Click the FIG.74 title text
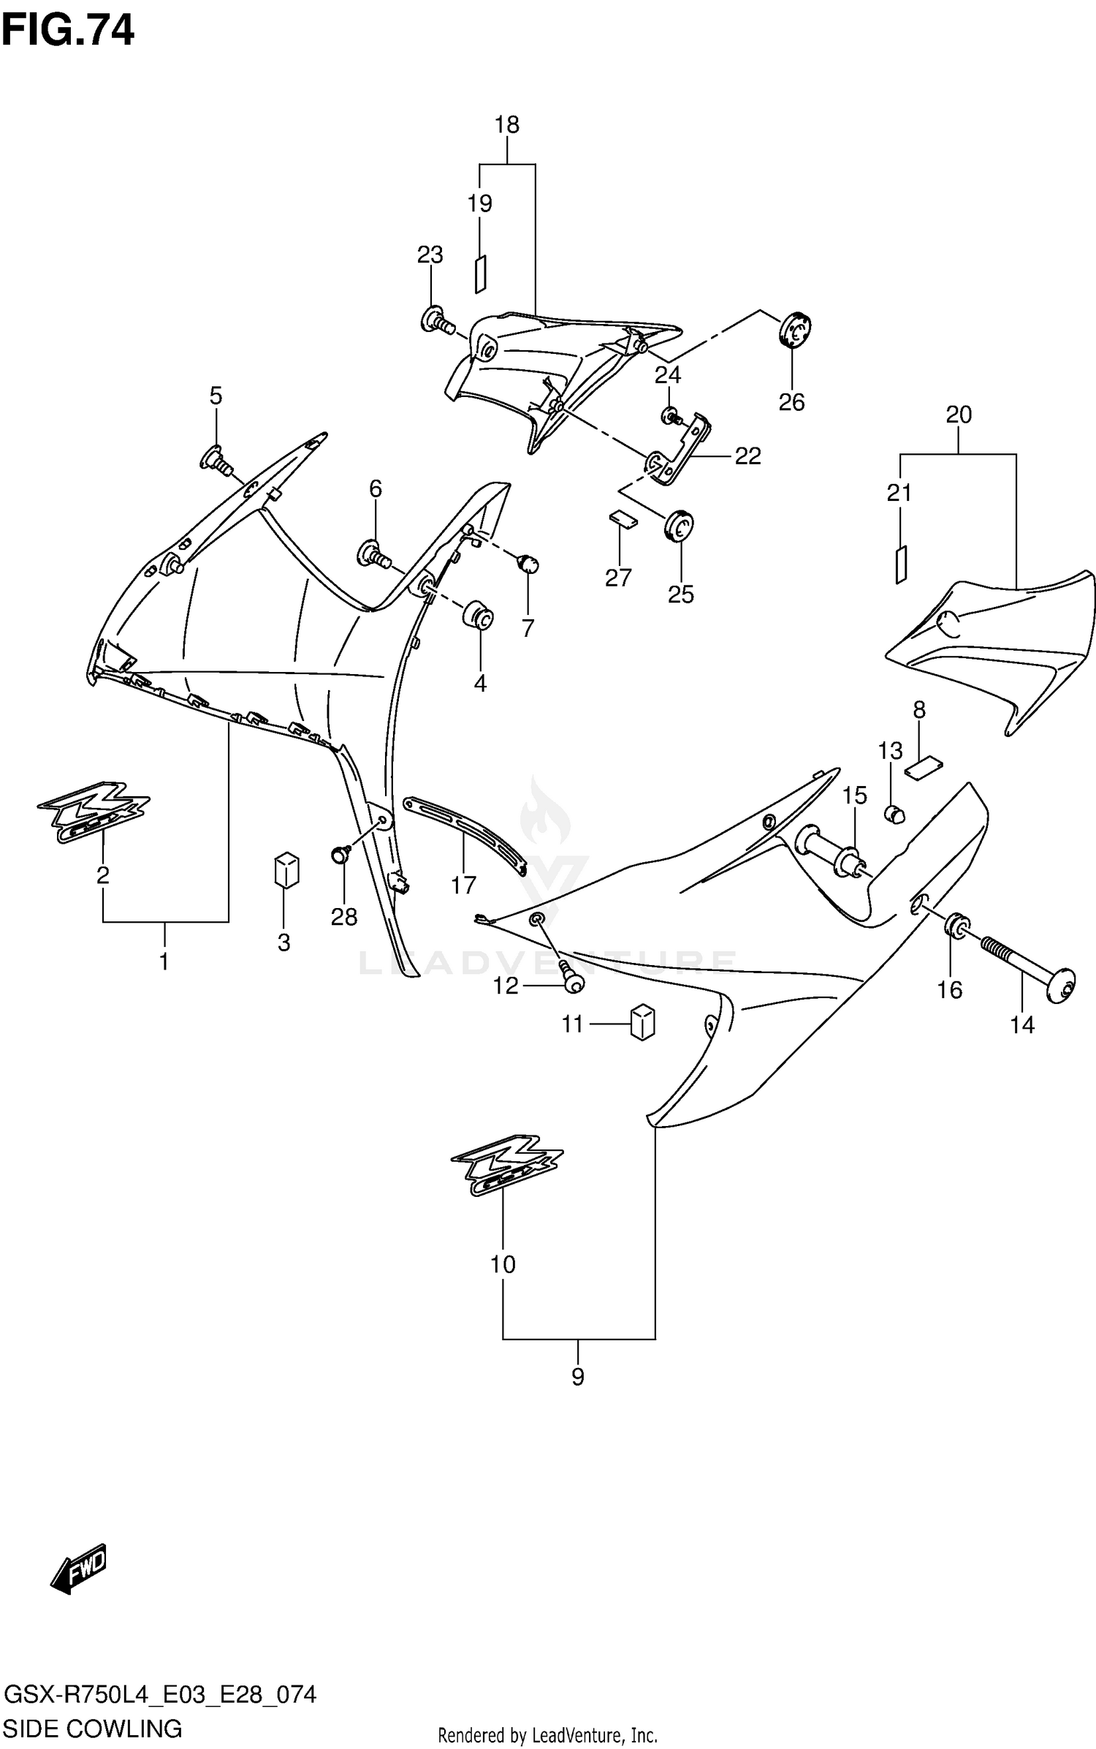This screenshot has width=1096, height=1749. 68,31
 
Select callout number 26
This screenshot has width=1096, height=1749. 791,401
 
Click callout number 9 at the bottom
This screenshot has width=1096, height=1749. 577,1378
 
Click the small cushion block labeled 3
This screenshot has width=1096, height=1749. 286,869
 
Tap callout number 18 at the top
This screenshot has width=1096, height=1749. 506,125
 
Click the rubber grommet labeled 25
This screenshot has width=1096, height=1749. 679,525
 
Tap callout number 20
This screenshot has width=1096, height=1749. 958,415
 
